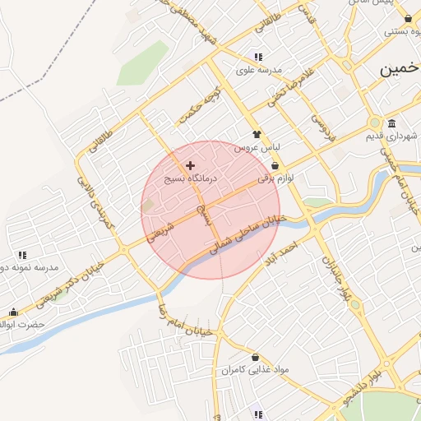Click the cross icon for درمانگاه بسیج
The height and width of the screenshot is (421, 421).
click(x=191, y=165)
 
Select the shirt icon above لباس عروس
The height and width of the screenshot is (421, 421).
click(x=257, y=134)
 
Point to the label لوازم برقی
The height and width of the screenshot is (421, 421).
click(x=275, y=177)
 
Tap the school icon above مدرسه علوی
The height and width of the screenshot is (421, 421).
click(x=258, y=58)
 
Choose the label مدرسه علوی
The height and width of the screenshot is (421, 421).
click(x=259, y=70)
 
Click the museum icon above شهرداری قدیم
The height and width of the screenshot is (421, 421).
click(x=390, y=124)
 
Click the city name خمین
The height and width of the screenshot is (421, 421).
click(x=400, y=70)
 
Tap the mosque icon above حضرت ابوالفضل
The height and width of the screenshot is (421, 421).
click(x=13, y=312)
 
